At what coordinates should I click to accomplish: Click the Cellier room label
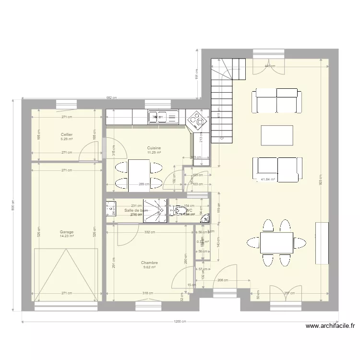[x=67, y=134]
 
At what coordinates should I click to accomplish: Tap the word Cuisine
[x=154, y=148]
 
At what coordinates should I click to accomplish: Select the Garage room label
[x=67, y=231]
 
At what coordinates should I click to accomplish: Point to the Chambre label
[x=149, y=263]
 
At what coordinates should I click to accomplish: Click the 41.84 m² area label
[x=267, y=180]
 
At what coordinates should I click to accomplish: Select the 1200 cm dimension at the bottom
[x=180, y=322]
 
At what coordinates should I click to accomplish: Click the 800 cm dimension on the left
[x=13, y=205]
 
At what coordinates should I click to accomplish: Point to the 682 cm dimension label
[x=111, y=98]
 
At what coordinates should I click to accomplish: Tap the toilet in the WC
[x=179, y=210]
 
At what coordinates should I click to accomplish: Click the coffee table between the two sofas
[x=276, y=135]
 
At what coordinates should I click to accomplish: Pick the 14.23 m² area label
[x=67, y=236]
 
